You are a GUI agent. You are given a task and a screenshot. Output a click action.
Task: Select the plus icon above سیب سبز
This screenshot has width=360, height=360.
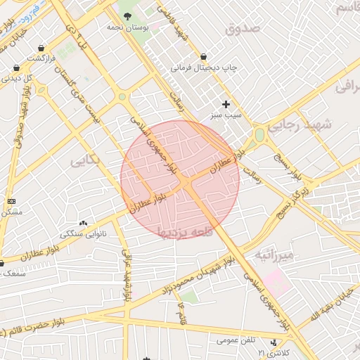(226, 104)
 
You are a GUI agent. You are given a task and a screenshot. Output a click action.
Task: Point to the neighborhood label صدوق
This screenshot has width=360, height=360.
(243, 29)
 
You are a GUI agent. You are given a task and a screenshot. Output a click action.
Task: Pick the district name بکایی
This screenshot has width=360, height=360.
(86, 160)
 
